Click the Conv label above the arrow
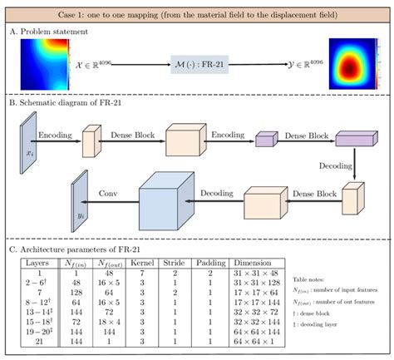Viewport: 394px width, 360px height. tap(108, 190)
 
